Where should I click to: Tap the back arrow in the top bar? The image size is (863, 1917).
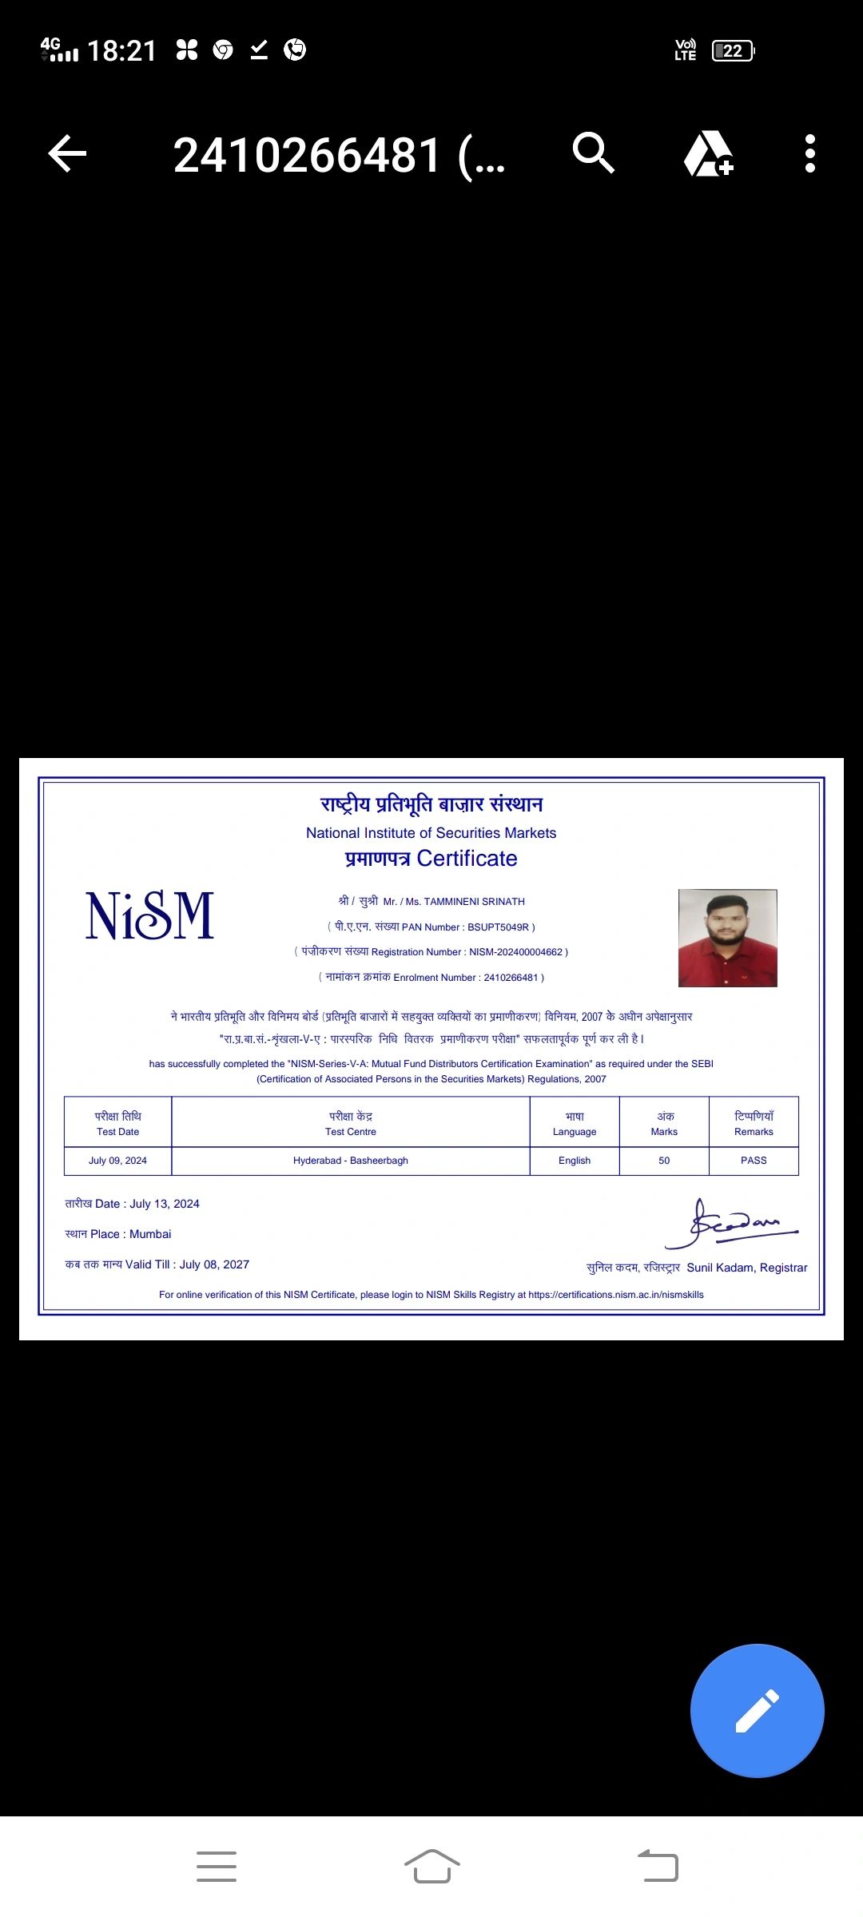click(67, 153)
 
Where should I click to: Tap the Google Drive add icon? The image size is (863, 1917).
click(708, 153)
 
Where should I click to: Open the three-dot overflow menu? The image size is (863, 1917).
click(810, 153)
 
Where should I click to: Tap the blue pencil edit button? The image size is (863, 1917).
click(757, 1710)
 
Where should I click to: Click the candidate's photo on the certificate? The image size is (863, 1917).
click(727, 938)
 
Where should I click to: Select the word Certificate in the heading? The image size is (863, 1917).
click(467, 859)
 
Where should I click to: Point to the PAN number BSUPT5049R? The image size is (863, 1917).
click(498, 927)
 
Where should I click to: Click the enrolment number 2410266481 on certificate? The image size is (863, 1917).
click(511, 978)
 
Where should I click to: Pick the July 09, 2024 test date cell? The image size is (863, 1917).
click(117, 1161)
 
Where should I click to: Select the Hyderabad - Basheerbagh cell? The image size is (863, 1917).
click(350, 1161)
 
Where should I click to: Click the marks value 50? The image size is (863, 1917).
click(664, 1161)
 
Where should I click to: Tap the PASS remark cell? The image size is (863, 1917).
click(754, 1161)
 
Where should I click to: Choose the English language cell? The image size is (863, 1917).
click(575, 1161)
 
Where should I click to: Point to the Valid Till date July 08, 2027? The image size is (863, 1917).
click(214, 1264)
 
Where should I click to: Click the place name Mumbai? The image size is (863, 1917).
click(150, 1234)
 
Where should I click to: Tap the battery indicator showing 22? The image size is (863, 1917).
click(733, 51)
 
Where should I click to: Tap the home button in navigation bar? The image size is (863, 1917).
click(431, 1866)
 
